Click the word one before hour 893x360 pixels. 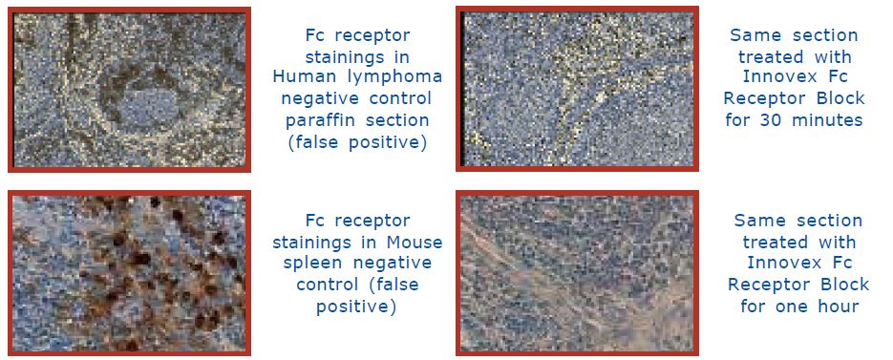pyautogui.click(x=789, y=307)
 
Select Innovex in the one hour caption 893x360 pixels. pyautogui.click(x=784, y=263)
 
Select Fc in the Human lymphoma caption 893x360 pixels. pyautogui.click(x=315, y=35)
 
